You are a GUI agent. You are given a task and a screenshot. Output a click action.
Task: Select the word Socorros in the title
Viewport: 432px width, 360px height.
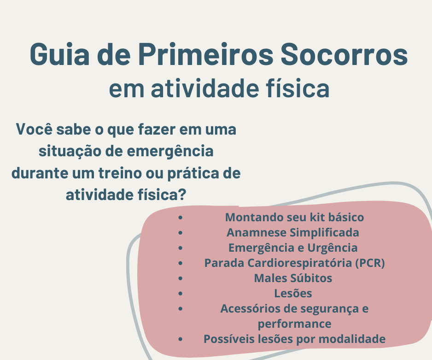344,54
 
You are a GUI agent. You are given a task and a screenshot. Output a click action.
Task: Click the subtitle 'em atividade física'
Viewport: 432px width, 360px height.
219,89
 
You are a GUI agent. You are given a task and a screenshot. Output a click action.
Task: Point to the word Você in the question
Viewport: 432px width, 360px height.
34,130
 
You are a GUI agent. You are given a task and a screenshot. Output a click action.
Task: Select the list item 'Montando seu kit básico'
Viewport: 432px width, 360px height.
294,217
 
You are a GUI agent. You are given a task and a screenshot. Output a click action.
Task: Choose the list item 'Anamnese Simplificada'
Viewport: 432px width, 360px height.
293,232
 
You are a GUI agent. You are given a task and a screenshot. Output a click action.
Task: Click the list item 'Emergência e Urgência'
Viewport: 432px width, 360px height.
293,248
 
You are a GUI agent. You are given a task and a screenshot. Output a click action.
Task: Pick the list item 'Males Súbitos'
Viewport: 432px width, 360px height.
293,278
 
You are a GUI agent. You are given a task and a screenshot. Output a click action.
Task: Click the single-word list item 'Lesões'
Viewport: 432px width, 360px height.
293,293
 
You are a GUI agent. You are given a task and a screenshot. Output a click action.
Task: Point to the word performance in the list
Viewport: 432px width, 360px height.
294,324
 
